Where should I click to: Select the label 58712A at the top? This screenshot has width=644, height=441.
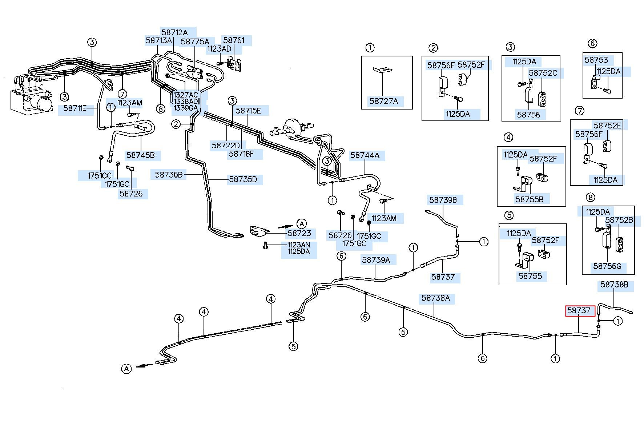tap(174, 32)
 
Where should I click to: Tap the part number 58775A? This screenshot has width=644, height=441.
tap(195, 41)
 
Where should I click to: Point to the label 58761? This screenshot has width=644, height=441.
tap(234, 40)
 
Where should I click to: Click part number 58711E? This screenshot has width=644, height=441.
tap(75, 108)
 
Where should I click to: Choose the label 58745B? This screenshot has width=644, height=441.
tap(140, 155)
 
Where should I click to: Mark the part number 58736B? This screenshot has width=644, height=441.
tap(169, 175)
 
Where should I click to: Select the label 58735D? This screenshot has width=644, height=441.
tap(243, 179)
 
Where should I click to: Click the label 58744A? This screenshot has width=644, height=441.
tap(365, 155)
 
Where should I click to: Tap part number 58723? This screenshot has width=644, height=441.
tap(299, 233)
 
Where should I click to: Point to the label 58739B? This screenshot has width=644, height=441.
tap(443, 200)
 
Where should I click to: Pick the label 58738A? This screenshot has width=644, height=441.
tap(435, 298)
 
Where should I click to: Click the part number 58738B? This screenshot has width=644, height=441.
tap(614, 285)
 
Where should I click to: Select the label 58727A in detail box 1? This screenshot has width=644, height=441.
tap(384, 101)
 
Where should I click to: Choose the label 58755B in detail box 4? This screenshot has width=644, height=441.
tap(529, 199)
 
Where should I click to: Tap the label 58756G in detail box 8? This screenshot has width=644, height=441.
tap(607, 266)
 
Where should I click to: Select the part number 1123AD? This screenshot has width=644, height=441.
tap(219, 49)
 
